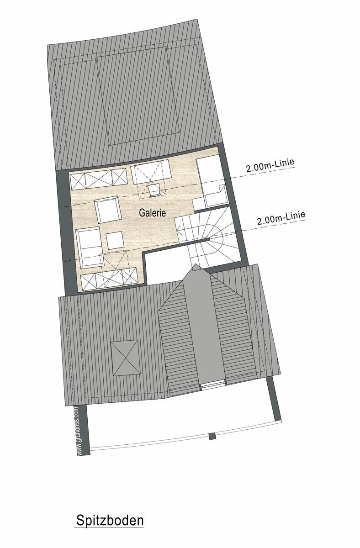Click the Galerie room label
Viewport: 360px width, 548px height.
[152, 212]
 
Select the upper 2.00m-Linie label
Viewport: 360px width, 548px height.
[270, 166]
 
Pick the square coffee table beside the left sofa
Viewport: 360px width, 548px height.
[115, 240]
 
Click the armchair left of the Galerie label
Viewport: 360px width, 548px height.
[107, 209]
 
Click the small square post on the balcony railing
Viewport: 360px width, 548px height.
[212, 436]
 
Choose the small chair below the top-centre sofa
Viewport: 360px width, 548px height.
[154, 190]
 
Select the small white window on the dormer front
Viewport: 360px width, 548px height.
[212, 386]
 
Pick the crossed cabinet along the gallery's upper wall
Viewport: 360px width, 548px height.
[99, 179]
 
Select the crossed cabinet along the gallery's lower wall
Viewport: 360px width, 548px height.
[109, 279]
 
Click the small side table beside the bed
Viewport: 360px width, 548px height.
[198, 204]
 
